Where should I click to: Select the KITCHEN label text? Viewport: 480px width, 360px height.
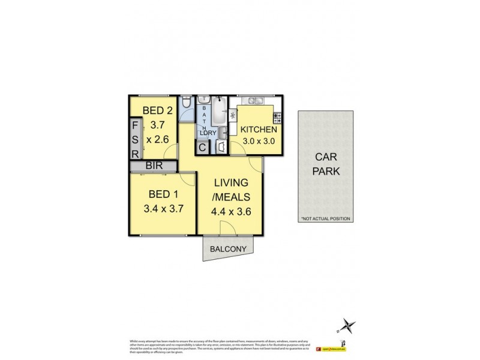[x=259, y=130]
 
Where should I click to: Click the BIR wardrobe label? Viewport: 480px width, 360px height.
[x=152, y=166]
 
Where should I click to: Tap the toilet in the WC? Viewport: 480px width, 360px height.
[x=187, y=104]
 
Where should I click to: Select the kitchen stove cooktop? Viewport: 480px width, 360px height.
[x=277, y=117]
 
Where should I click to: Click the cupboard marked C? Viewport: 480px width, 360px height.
[x=203, y=146]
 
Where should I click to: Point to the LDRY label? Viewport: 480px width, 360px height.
[x=207, y=133]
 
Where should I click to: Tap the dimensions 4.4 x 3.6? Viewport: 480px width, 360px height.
[x=230, y=211]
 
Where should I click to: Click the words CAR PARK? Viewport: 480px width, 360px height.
[x=327, y=164]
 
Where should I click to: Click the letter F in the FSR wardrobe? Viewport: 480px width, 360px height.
[x=136, y=127]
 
